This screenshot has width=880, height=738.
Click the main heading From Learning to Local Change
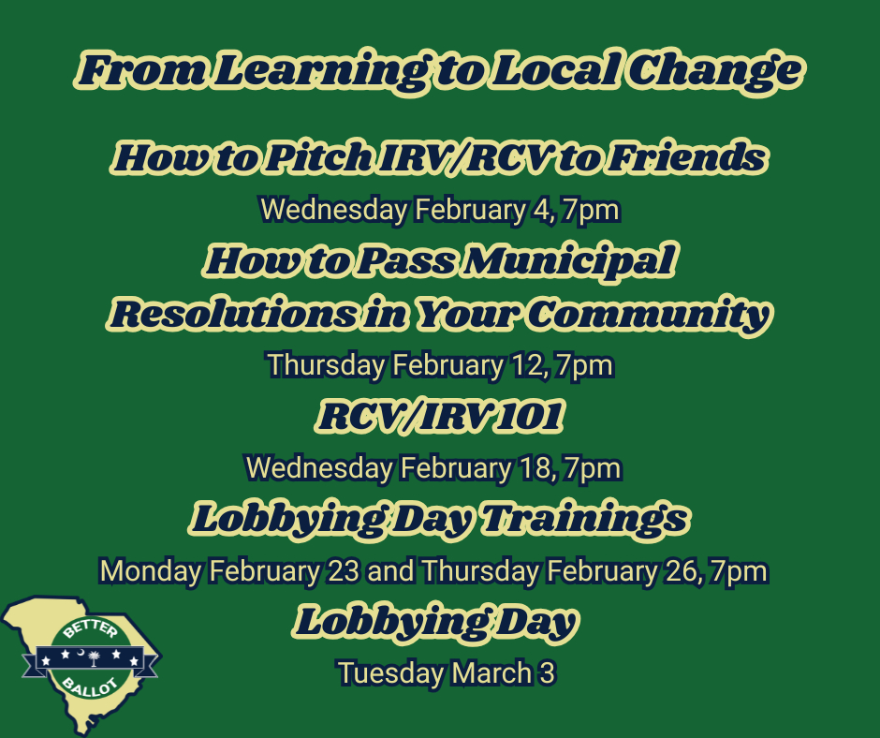click(440, 71)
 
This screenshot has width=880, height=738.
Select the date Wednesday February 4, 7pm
click(440, 210)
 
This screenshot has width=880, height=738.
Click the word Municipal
click(569, 261)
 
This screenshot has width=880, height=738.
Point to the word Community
click(650, 315)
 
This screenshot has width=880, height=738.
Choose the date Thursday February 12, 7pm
click(440, 365)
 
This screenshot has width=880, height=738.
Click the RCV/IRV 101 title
click(440, 416)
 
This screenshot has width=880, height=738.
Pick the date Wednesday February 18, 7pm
click(433, 468)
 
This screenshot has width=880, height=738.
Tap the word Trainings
click(586, 519)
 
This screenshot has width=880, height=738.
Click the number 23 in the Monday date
click(343, 571)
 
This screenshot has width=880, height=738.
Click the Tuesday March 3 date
click(447, 672)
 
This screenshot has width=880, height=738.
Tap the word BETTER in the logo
click(90, 629)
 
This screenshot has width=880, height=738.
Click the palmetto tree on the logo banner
click(94, 658)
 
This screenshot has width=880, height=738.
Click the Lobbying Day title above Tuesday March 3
click(435, 622)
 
